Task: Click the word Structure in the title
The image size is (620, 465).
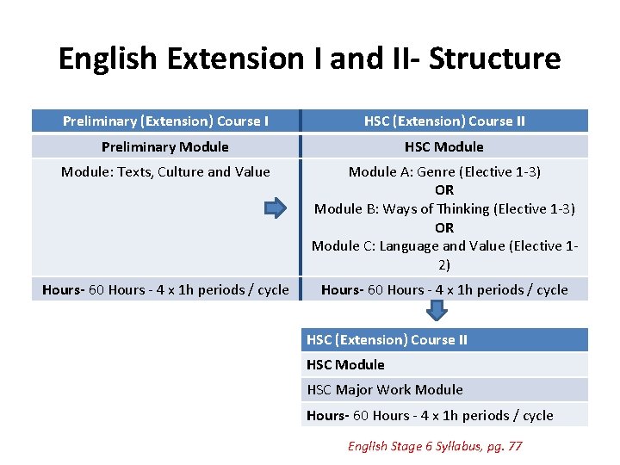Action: [x=494, y=59]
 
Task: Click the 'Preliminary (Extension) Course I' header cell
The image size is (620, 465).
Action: [x=165, y=121]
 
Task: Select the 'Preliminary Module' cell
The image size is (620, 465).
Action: [x=165, y=146]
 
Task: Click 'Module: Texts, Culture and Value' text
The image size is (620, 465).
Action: [x=165, y=171]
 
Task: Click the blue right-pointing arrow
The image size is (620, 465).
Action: [x=274, y=208]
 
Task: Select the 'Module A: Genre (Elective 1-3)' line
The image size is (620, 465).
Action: [x=444, y=171]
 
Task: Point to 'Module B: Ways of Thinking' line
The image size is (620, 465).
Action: [x=444, y=208]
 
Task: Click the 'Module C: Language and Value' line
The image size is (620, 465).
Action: [x=444, y=246]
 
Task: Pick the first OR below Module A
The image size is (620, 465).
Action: [x=444, y=190]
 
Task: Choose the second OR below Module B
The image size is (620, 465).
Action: [x=444, y=227]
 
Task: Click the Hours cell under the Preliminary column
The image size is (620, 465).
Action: [x=165, y=289]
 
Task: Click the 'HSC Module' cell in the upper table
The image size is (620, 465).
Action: [x=444, y=146]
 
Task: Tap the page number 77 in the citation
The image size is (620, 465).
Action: [x=514, y=445]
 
